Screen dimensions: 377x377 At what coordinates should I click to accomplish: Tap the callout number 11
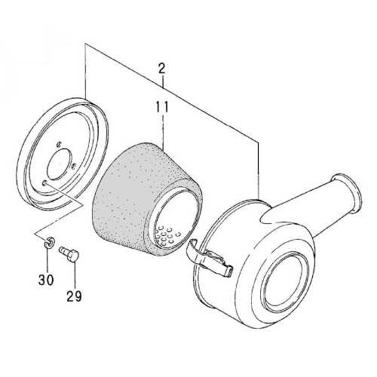coord(161,108)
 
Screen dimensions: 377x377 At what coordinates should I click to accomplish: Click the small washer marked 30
coord(48,242)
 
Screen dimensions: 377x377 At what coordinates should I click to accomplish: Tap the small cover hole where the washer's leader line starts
coord(48,182)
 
